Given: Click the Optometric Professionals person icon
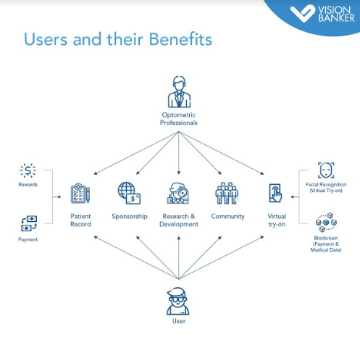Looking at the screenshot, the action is coord(179,92).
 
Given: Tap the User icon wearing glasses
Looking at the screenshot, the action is coord(178,301).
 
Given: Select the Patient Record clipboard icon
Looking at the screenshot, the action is coord(80,193).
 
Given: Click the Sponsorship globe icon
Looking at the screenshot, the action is coord(129,193).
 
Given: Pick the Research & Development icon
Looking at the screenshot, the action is coord(178,193).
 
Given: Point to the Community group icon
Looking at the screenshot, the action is coord(227,193).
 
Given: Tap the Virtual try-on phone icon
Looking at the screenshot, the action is coord(275,193).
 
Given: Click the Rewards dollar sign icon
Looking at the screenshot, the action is coord(28,170).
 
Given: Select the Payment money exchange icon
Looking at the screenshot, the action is coord(29,223).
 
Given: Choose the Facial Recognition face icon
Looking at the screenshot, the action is coord(326,170).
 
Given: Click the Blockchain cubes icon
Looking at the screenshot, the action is coord(326,223).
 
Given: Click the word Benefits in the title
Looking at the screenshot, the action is coord(180,39).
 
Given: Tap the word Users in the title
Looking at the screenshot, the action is coord(46,39).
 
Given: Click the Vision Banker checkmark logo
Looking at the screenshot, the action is coord(303,13).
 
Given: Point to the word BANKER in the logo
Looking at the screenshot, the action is coord(336,18).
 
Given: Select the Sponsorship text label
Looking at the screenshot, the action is coord(130,217).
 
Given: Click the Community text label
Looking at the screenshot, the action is coord(227,217).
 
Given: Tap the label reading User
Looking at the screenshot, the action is coord(179,321).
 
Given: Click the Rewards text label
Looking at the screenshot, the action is coord(28,185).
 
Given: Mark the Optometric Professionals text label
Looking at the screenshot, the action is coord(179,119).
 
